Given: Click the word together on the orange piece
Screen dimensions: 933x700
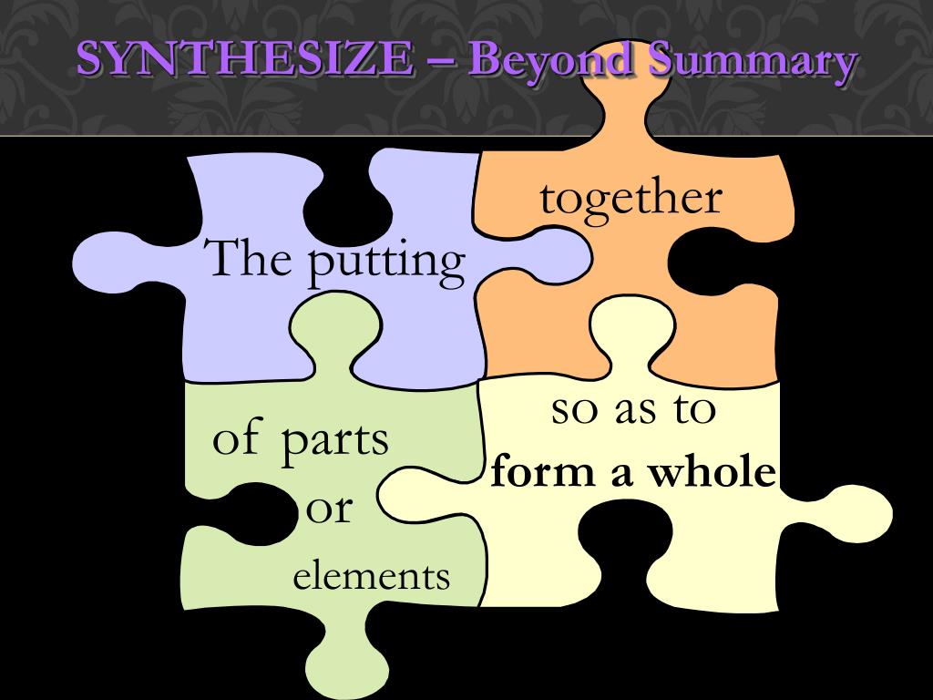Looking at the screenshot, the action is tap(631, 199).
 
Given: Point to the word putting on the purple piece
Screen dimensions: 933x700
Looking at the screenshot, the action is tap(385, 261).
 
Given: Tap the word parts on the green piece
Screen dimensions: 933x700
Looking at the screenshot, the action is tap(333, 440).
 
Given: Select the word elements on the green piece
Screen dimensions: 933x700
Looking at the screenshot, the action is tap(371, 576).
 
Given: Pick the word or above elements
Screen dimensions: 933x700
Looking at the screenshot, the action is tap(328, 508).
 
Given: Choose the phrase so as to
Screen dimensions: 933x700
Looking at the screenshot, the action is tap(633, 410).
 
